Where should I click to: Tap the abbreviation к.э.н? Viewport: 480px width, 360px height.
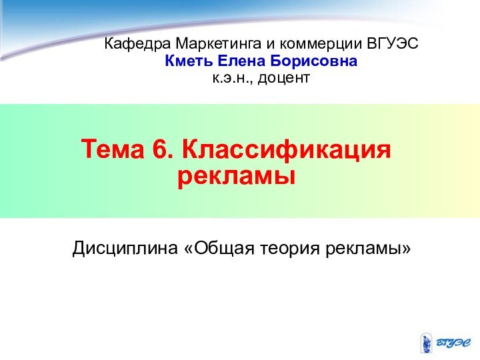coord(233,79)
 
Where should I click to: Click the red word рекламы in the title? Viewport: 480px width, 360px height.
coord(236,177)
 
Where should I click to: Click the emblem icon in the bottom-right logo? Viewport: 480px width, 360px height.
coord(425,343)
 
